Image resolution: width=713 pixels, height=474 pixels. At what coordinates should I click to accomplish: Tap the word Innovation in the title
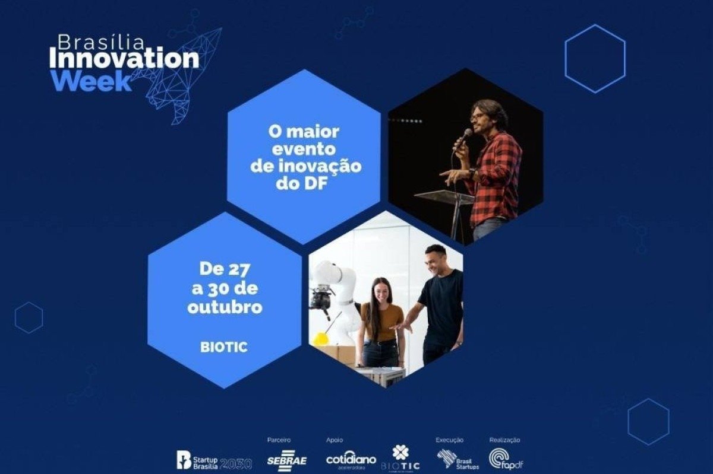[124, 59]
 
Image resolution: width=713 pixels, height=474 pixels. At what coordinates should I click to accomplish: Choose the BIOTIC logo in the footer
[400, 459]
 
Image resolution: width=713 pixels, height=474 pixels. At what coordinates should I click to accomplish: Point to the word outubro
[225, 308]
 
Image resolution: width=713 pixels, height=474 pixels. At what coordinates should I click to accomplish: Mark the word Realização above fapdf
[504, 440]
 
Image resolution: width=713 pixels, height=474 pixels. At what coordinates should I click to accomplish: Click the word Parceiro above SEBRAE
[279, 440]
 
